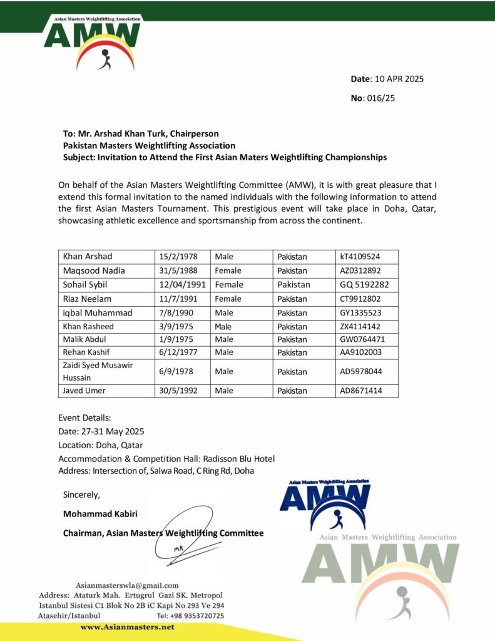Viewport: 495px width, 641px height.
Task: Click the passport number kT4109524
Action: pyautogui.click(x=360, y=257)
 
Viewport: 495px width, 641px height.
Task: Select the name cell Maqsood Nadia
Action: pyautogui.click(x=94, y=270)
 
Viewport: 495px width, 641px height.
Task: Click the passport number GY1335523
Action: pyautogui.click(x=360, y=313)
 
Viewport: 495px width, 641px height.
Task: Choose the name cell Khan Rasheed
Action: pyautogui.click(x=88, y=326)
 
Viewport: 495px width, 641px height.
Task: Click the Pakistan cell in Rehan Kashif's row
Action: pyautogui.click(x=292, y=352)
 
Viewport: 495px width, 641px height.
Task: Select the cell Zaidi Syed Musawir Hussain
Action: pyautogui.click(x=89, y=371)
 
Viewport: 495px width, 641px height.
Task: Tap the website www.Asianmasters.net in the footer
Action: pyautogui.click(x=128, y=627)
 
